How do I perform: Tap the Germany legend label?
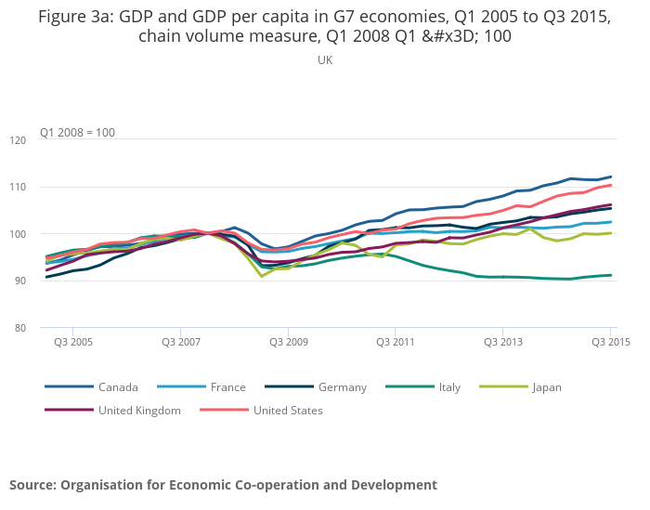[x=341, y=387]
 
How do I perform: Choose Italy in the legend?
[x=449, y=387]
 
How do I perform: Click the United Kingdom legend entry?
[x=139, y=410]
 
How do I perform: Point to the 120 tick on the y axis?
[x=43, y=140]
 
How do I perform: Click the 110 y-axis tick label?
[x=43, y=187]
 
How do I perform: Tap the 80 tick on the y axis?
[x=45, y=328]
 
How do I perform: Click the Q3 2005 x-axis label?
[x=74, y=342]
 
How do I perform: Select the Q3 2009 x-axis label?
[x=289, y=342]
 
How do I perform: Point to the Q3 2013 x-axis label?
[x=502, y=342]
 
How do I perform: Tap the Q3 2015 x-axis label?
[x=611, y=342]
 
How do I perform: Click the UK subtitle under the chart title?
[x=325, y=59]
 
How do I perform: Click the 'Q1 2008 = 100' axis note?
[x=77, y=132]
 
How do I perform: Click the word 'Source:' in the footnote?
[x=32, y=485]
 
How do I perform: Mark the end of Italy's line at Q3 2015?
[x=611, y=275]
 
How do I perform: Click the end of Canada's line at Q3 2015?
[x=611, y=177]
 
